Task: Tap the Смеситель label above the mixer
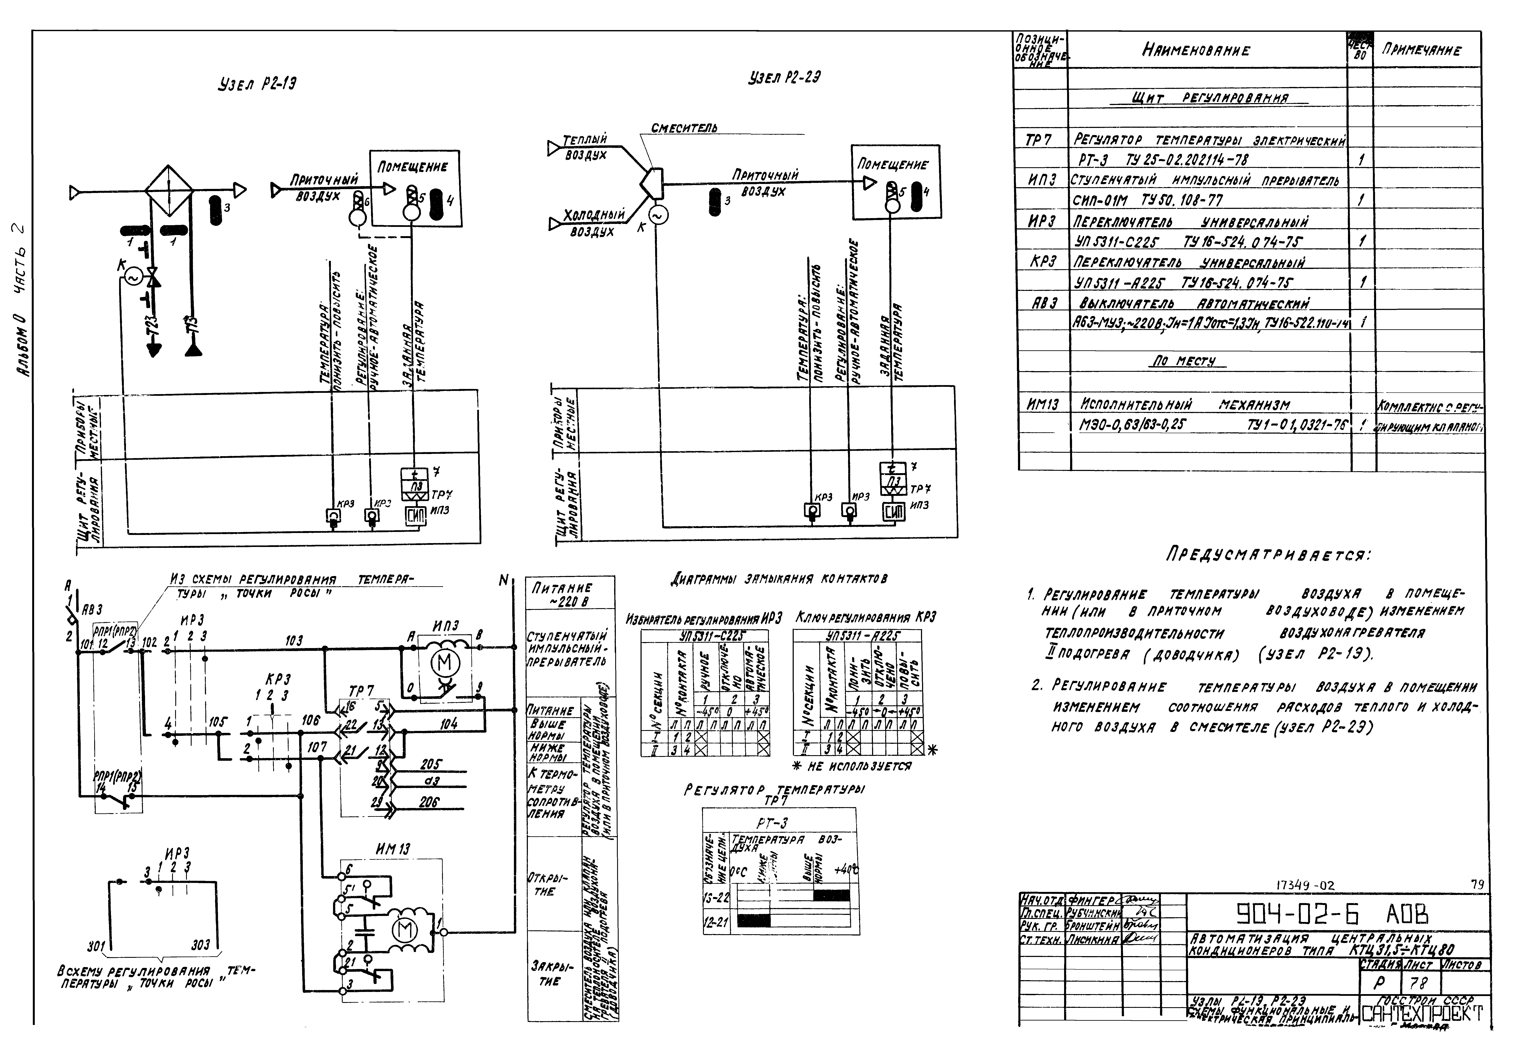[x=684, y=128]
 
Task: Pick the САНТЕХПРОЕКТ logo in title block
[x=1421, y=1013]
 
